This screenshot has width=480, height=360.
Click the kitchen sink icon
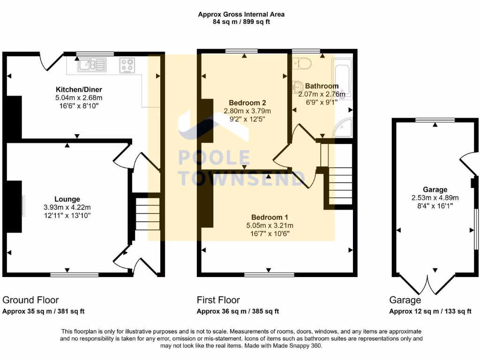(92, 65)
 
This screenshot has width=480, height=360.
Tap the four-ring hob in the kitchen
(127, 65)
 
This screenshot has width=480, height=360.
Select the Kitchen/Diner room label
(79, 90)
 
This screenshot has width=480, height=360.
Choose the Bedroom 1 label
(270, 217)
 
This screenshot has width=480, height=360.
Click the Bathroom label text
(322, 86)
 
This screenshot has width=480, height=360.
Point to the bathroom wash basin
(297, 86)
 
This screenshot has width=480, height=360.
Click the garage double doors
(428, 285)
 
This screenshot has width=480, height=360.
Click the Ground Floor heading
(30, 300)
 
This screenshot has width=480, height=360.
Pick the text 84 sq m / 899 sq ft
(241, 22)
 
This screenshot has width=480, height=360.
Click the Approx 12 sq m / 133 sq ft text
(430, 311)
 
